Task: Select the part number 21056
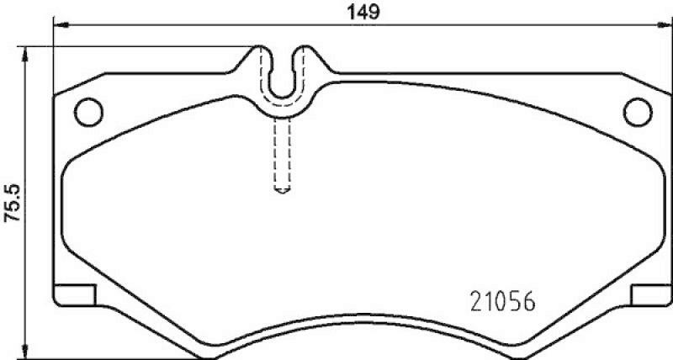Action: (x=501, y=301)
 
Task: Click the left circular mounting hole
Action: (x=87, y=110)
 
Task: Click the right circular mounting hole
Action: (x=640, y=110)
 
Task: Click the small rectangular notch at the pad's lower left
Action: (x=74, y=295)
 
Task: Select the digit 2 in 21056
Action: (x=474, y=301)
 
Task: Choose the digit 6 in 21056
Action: (x=529, y=301)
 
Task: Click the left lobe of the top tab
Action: (x=262, y=63)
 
